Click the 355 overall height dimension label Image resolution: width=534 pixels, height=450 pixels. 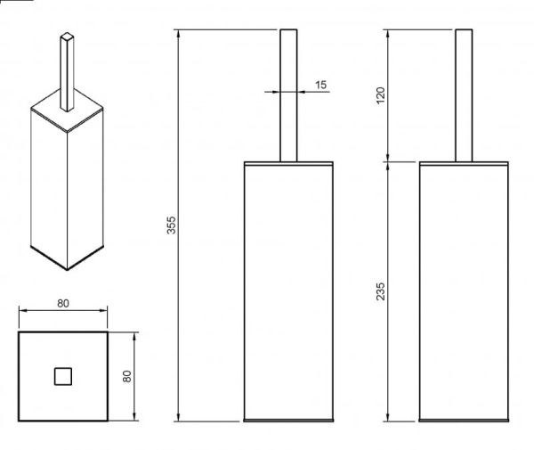pos(171,225)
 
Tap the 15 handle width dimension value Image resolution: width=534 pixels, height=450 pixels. pos(320,85)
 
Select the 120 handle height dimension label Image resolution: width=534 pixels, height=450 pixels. pos(381,95)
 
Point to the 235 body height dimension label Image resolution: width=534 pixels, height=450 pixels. pos(381,291)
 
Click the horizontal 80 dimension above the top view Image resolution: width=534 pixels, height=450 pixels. pos(63,303)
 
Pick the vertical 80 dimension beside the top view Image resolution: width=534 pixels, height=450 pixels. pos(126,376)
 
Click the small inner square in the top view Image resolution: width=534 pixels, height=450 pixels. pos(63,376)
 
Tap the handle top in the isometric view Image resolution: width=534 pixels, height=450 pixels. pos(67,37)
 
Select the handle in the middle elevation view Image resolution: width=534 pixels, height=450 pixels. pos(288,95)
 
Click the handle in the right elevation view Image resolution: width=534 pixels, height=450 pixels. pos(464,95)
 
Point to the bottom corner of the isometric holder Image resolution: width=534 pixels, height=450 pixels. pos(67,270)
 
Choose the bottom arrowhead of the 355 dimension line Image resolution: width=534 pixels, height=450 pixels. pos(179,417)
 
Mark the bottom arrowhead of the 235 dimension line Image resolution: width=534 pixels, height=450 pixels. pos(387,417)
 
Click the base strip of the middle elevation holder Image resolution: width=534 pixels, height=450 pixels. pos(288,421)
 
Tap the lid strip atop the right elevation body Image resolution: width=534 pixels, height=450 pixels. pos(464,164)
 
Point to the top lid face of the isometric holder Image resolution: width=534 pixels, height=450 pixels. pos(67,110)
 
